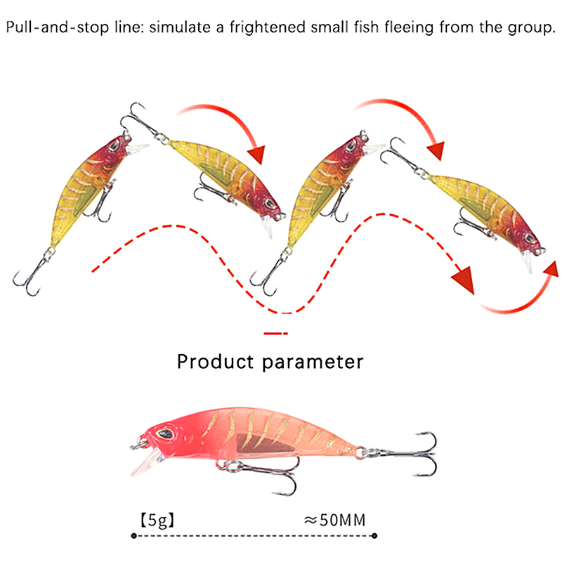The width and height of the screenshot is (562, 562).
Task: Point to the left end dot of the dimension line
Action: tap(133, 537)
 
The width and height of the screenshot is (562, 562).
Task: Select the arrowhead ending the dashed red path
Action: tap(464, 281)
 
